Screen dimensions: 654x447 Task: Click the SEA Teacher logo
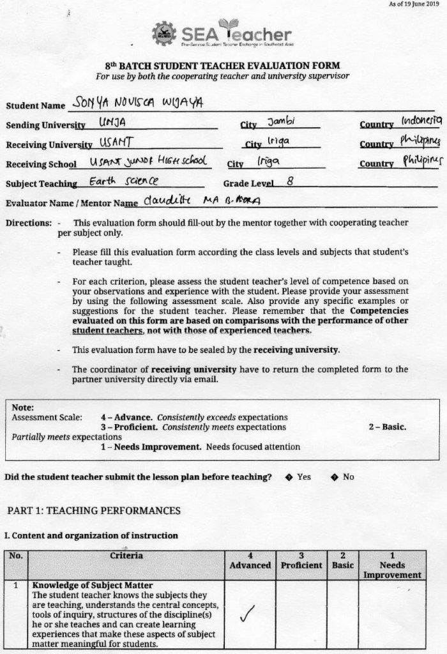click(222, 34)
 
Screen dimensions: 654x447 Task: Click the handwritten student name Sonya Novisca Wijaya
click(138, 102)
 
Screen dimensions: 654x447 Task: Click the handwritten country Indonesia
click(421, 119)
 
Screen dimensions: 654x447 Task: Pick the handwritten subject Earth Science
click(117, 181)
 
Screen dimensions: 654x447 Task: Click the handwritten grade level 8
click(290, 181)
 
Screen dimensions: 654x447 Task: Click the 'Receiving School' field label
click(42, 164)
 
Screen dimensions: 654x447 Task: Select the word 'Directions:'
click(28, 223)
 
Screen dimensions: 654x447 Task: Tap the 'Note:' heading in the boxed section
click(23, 407)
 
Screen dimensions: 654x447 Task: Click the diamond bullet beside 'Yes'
click(289, 477)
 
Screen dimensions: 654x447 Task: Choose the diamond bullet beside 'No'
click(333, 477)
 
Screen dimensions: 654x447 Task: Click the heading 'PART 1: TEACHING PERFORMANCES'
click(94, 510)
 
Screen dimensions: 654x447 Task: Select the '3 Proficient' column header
click(301, 561)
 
